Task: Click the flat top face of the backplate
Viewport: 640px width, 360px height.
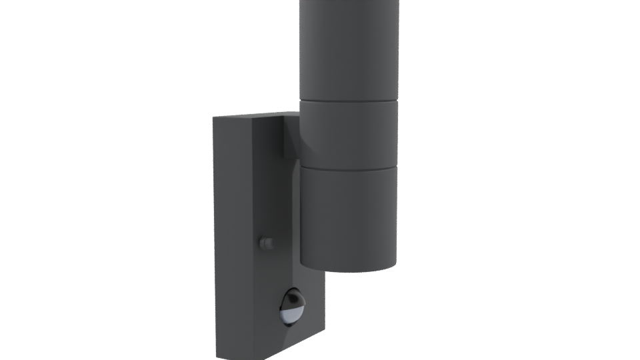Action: tap(247, 117)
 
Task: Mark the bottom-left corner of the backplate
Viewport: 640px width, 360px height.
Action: tap(215, 351)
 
